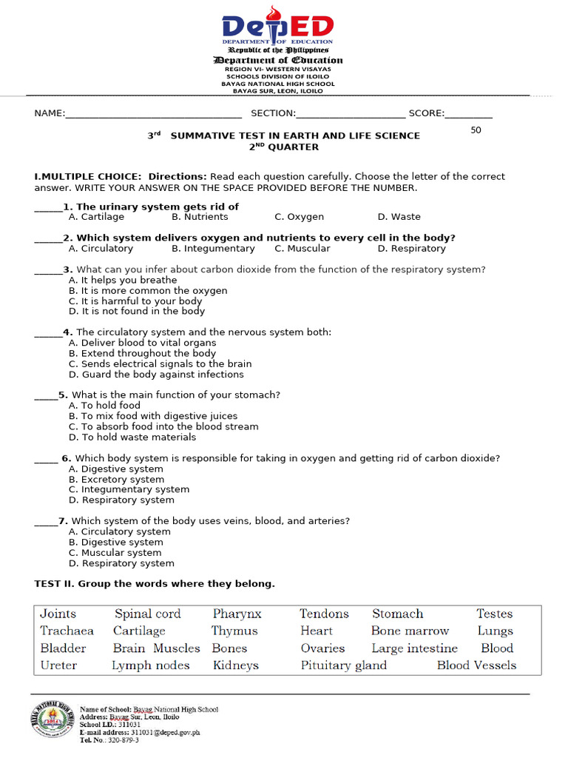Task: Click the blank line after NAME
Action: (x=153, y=115)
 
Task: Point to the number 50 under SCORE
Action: (x=476, y=130)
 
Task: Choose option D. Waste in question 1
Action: (x=399, y=217)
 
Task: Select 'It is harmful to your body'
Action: (x=135, y=301)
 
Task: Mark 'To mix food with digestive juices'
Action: (x=153, y=416)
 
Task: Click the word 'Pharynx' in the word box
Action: (x=237, y=614)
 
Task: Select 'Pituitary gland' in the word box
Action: (x=343, y=665)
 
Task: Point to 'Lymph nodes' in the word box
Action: (x=150, y=665)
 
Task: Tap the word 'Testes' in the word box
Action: (x=494, y=614)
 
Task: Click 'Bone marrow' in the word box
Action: (x=410, y=631)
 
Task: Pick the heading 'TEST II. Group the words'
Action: (x=155, y=584)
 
